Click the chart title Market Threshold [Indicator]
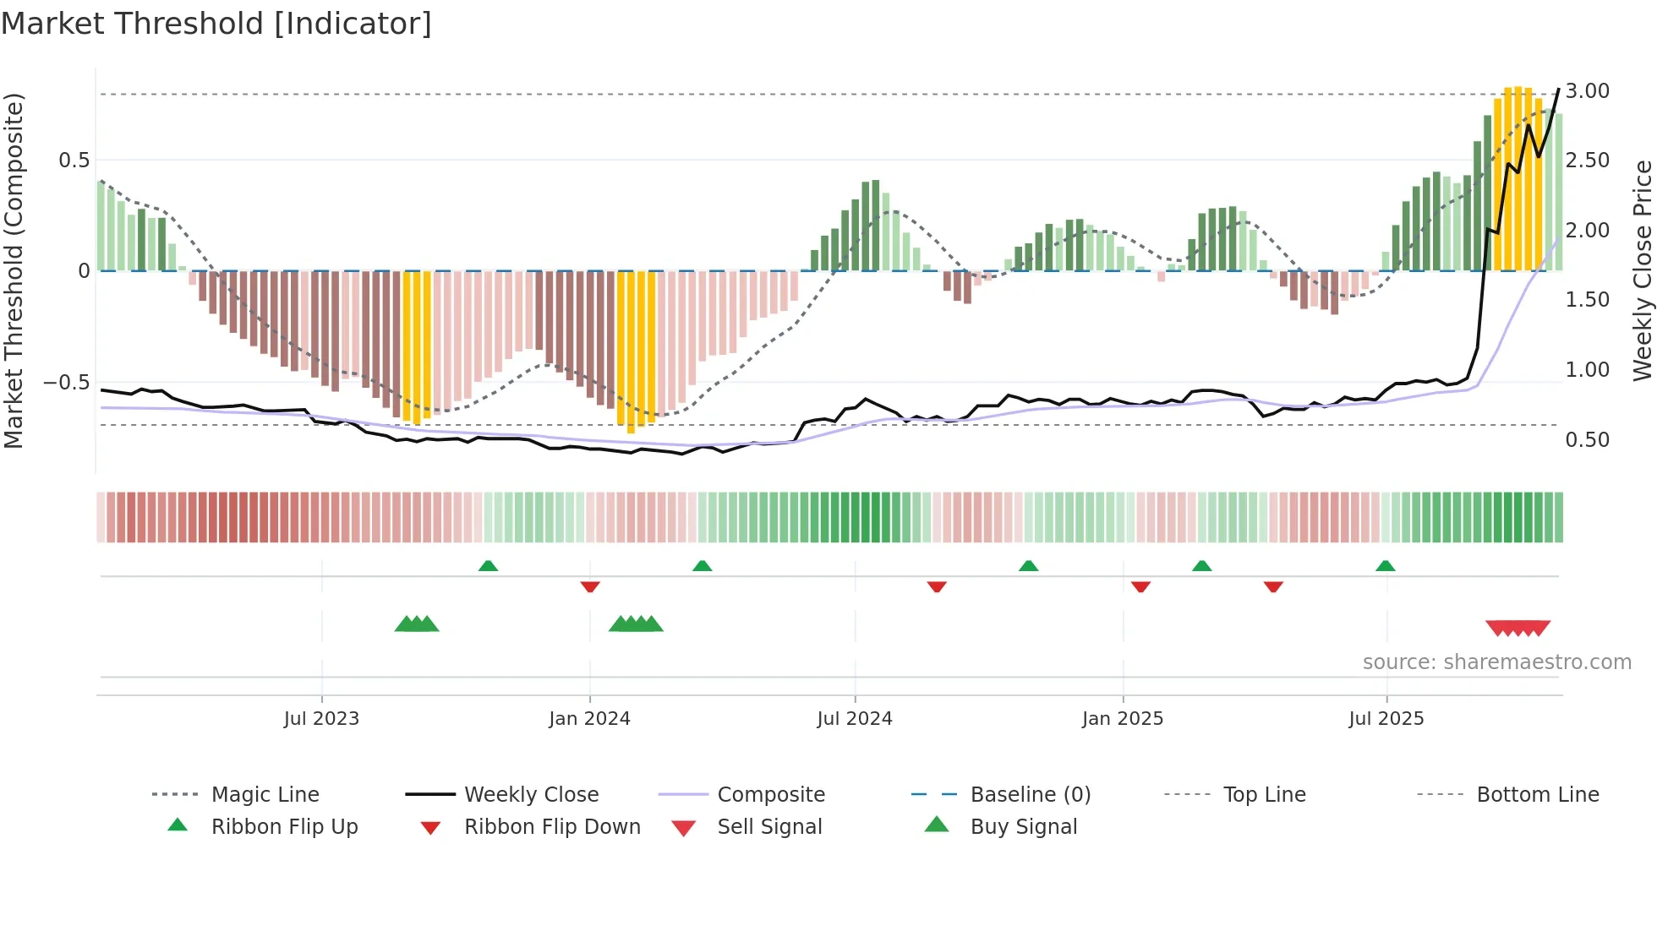click(216, 24)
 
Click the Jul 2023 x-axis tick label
click(321, 719)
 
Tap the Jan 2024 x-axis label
click(589, 719)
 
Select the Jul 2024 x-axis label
click(854, 719)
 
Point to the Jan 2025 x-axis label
click(1122, 719)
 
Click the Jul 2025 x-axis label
click(1386, 719)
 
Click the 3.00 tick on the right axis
click(1587, 91)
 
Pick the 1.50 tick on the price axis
click(1587, 300)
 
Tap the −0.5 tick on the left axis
click(66, 383)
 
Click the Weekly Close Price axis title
click(1642, 270)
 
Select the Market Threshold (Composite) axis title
click(14, 270)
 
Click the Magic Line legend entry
click(265, 795)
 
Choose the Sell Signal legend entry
click(769, 827)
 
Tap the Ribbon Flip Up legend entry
click(284, 827)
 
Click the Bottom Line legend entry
click(1537, 795)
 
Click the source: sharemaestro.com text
click(1496, 662)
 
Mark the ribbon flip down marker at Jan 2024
click(590, 586)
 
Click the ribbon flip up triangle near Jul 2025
click(1385, 566)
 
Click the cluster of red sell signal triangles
click(1518, 628)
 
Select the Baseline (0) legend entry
click(1030, 795)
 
